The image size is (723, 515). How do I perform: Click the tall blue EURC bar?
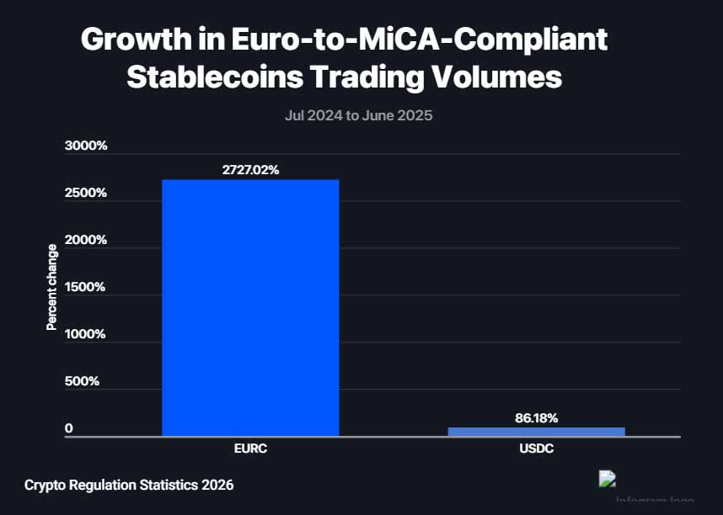pyautogui.click(x=250, y=307)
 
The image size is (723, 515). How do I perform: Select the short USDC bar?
pyautogui.click(x=536, y=432)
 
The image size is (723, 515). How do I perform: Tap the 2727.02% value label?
pyautogui.click(x=250, y=169)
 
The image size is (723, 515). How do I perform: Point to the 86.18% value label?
pyautogui.click(x=536, y=417)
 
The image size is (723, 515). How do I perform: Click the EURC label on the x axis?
pyautogui.click(x=250, y=450)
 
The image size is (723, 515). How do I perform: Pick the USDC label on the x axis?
pyautogui.click(x=536, y=450)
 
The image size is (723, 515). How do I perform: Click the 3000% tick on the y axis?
pyautogui.click(x=86, y=146)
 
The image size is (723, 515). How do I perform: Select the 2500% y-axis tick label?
pyautogui.click(x=86, y=193)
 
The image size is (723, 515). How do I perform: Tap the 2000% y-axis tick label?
pyautogui.click(x=86, y=240)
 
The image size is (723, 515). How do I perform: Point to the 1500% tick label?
pyautogui.click(x=86, y=287)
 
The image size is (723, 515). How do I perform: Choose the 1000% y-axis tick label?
pyautogui.click(x=86, y=334)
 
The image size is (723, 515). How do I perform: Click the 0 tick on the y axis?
pyautogui.click(x=69, y=428)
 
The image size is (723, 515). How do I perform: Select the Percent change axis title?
pyautogui.click(x=52, y=287)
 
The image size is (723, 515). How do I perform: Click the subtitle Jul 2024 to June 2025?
pyautogui.click(x=358, y=115)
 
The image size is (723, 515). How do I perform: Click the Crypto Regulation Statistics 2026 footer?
pyautogui.click(x=129, y=485)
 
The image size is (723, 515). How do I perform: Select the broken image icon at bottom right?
pyautogui.click(x=607, y=479)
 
